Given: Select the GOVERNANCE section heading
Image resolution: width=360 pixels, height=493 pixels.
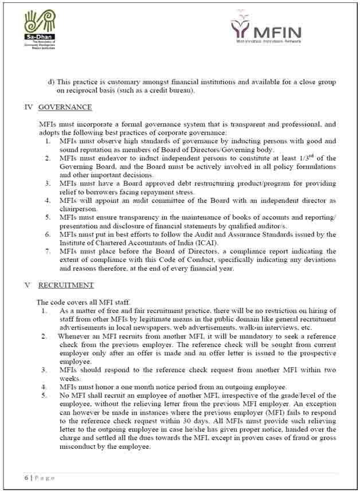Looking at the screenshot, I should pos(65,107).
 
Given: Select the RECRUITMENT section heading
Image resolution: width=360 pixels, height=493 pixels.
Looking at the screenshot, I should pos(66,285).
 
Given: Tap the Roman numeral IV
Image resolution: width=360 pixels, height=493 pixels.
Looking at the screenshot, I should pos(29,107).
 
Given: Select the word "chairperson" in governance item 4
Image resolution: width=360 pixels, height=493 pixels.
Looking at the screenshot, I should pos(80,209).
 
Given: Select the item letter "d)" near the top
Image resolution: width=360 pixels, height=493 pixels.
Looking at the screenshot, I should pos(51,83).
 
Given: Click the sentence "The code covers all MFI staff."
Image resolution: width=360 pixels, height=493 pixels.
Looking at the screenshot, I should pos(85,302).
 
